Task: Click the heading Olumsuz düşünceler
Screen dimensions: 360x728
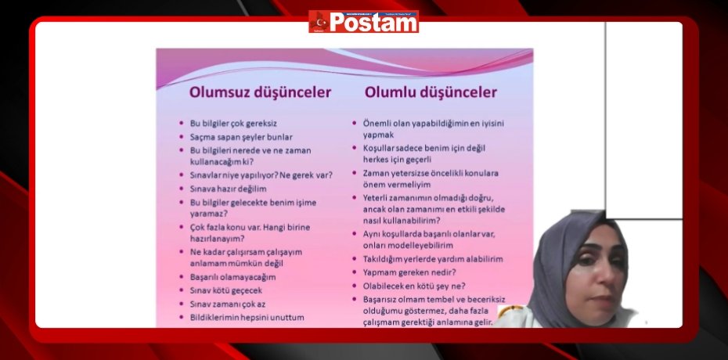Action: pos(260,92)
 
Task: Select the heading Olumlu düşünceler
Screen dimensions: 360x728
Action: pos(430,92)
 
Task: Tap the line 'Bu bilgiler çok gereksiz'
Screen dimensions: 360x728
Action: pos(233,124)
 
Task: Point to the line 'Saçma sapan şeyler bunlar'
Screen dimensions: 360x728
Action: pos(241,136)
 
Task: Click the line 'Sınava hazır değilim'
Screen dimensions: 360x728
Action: pos(228,189)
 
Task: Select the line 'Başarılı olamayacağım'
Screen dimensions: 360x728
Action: pos(232,277)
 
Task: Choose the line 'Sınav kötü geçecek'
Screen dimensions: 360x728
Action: pos(228,290)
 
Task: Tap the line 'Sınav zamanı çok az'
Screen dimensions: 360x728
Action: pos(229,304)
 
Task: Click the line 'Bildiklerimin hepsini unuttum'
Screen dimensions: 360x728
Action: pos(247,317)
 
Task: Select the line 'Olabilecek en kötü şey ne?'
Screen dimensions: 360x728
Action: pos(414,286)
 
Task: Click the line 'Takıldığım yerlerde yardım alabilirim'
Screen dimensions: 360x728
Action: pos(433,259)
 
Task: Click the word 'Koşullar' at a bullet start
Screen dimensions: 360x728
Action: pos(380,148)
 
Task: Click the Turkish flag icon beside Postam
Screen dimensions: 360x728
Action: pos(318,21)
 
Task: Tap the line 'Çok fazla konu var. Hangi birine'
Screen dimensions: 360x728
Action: pos(250,228)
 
